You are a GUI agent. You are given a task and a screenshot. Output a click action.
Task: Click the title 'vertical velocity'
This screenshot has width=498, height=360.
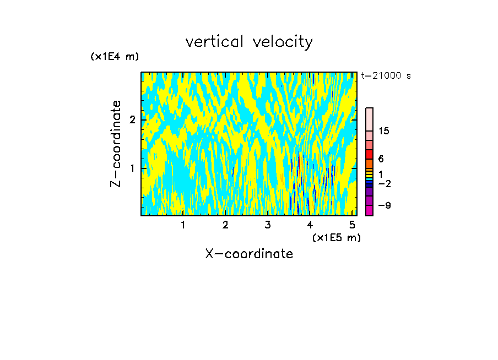pos(249,42)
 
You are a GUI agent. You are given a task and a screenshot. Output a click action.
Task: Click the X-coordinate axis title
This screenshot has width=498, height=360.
pos(249,254)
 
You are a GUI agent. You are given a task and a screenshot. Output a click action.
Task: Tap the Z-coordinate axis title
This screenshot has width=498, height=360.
pos(116,144)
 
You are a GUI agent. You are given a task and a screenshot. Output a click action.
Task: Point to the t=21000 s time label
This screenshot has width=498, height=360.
pos(386,76)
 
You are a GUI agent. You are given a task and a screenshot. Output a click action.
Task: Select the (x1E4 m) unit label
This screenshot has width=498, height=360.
pos(115,57)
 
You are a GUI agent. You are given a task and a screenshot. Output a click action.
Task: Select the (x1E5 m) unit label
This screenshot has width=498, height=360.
pos(336,237)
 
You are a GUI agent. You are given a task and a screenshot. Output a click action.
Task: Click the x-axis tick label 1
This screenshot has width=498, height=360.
pos(183,225)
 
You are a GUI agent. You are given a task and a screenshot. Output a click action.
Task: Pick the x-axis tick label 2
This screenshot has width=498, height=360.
pos(225,225)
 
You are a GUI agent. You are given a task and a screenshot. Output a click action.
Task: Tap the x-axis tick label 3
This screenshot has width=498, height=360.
pos(268,225)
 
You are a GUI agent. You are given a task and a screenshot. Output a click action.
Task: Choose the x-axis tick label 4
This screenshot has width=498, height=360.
pos(310,225)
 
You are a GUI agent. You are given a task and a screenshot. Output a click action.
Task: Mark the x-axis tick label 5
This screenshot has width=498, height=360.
pos(353,225)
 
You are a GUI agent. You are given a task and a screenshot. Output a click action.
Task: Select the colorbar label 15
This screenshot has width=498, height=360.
pos(384,131)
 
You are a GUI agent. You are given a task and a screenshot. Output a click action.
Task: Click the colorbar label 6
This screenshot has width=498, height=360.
pos(381,159)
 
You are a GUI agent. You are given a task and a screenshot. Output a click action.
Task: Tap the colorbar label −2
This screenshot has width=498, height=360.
pos(384,183)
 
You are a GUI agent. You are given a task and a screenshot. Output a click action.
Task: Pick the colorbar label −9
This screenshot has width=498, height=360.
pos(384,205)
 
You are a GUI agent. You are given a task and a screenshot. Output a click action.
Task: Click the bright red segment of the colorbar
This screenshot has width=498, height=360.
pos(369,154)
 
